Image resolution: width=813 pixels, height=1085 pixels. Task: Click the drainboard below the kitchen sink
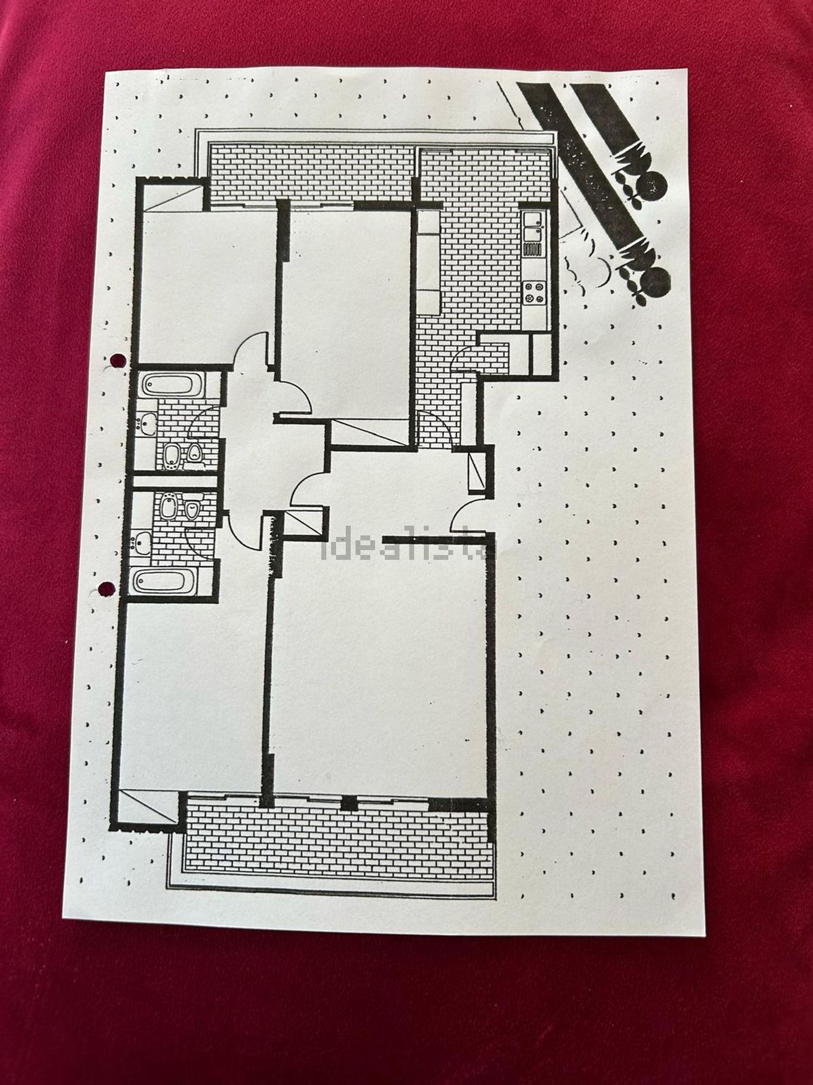(534, 251)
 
